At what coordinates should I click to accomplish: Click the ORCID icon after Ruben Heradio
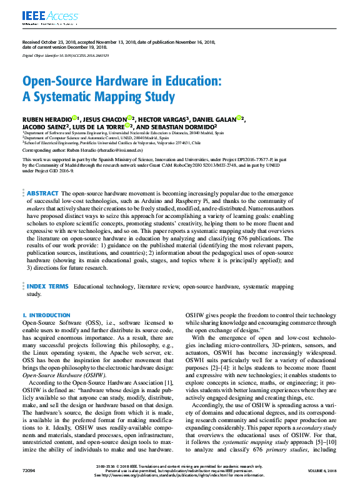point(75,117)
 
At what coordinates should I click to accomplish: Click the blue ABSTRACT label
point(42,177)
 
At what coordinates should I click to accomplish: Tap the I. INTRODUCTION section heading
point(46,315)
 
